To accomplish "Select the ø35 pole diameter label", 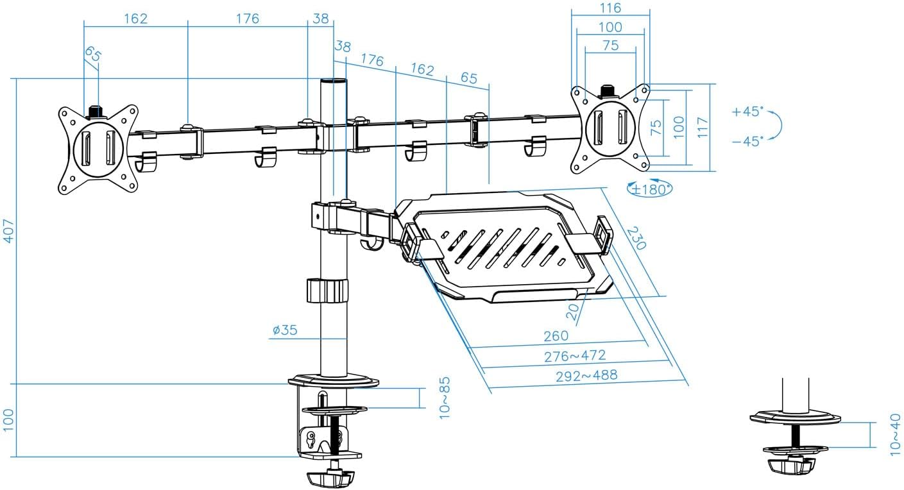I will coord(284,330).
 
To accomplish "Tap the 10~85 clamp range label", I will coord(445,398).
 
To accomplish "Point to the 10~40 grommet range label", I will coord(896,434).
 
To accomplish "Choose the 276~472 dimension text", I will coord(575,355).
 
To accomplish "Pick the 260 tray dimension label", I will coord(556,335).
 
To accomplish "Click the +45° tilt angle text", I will coord(747,112).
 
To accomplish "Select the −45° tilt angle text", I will coord(747,140).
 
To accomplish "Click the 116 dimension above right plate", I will coord(610,8).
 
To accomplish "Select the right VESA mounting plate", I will coord(610,129).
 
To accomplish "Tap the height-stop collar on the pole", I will coord(327,290).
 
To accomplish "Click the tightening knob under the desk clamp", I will coord(331,478).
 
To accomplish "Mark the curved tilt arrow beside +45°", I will coord(776,126).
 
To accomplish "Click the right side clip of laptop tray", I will coord(601,235).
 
